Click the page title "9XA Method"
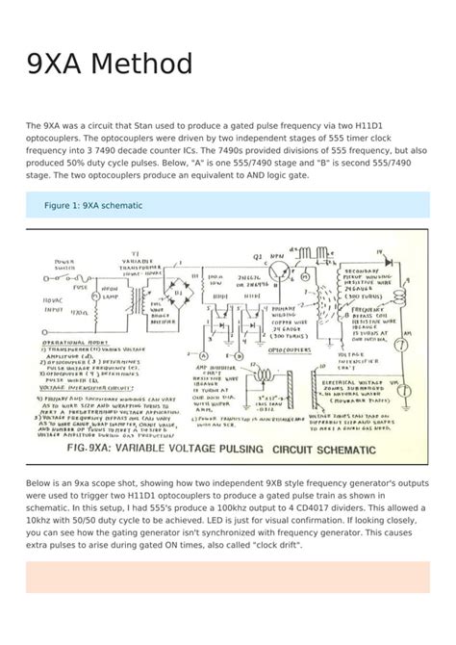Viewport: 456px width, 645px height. coord(109,64)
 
